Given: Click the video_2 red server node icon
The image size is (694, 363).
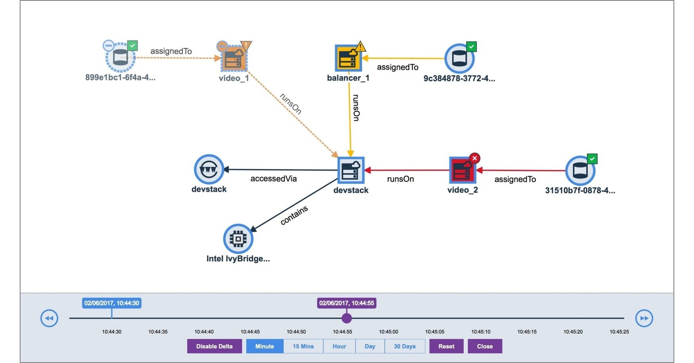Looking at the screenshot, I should point(462,171).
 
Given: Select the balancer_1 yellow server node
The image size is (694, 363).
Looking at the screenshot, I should point(348,58).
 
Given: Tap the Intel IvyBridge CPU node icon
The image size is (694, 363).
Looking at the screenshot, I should point(238,239).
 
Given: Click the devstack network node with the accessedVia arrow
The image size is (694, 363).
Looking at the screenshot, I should point(209,169).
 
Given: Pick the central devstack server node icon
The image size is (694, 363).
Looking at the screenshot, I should point(351,170).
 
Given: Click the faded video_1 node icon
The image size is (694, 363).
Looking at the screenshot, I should point(234,59).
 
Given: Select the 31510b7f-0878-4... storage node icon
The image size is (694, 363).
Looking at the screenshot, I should point(580,171).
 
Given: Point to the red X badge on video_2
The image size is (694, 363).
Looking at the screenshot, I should point(475,158).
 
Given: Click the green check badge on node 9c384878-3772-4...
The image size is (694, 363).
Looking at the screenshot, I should point(471,47).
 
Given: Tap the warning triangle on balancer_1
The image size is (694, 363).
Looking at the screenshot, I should point(360,46).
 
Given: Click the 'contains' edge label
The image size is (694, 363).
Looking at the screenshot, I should point(294,215).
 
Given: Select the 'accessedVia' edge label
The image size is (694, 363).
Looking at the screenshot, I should point(274,179).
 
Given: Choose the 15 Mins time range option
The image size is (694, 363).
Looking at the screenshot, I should point(303,346).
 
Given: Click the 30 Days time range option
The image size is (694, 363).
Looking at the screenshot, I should point(404,346).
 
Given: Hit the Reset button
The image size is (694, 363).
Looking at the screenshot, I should point(446,346).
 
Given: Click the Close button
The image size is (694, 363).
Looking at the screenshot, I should point(485,346).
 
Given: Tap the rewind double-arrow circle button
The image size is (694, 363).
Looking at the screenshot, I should point(49,318).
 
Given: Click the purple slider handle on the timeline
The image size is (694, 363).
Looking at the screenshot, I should point(347,318).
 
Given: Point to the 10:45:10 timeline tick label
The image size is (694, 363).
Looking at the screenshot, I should point(481,332).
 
